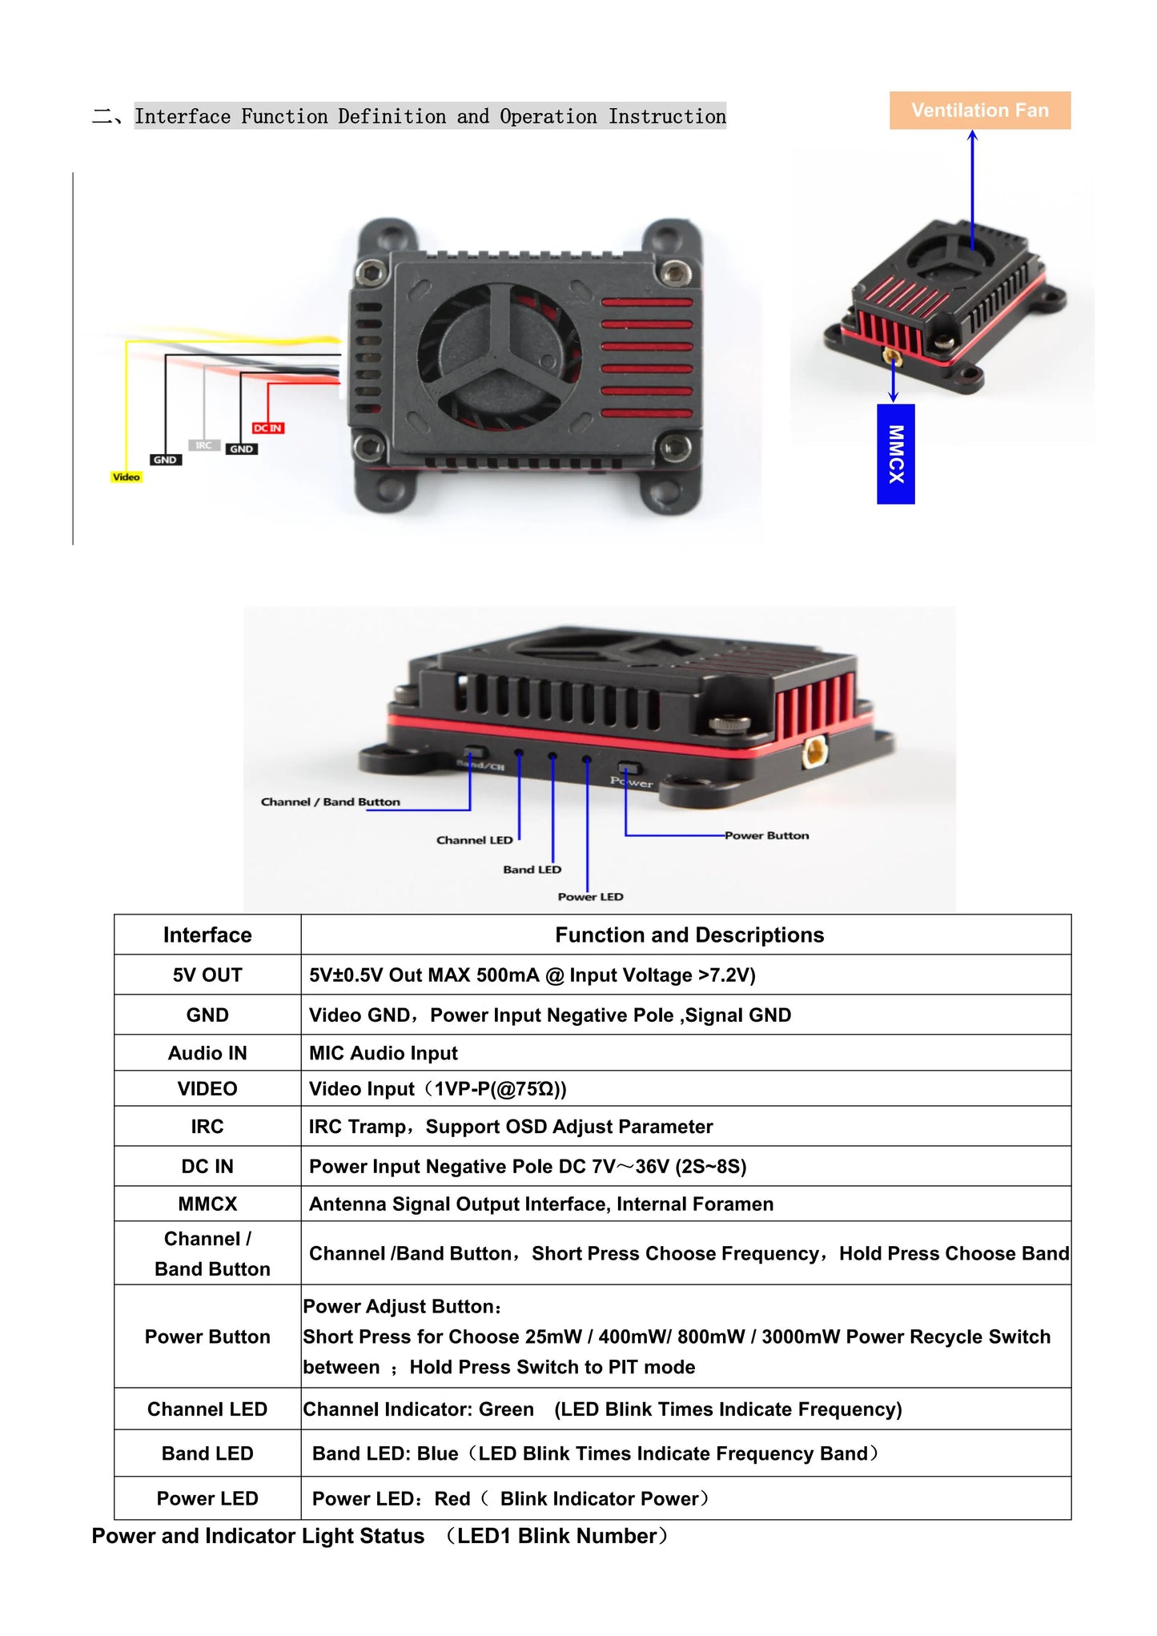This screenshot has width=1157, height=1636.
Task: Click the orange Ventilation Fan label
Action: click(980, 111)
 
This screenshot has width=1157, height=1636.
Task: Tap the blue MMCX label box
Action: click(896, 454)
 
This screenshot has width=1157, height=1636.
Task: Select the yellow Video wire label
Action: click(126, 477)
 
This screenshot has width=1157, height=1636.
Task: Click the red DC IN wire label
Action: click(268, 428)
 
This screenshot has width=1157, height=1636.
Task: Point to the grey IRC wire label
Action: click(204, 445)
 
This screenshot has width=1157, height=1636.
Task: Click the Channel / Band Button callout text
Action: click(331, 802)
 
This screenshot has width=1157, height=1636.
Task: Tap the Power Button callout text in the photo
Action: click(767, 835)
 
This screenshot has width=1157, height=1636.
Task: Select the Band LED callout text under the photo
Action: click(532, 870)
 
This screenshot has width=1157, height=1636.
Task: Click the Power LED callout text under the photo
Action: click(590, 897)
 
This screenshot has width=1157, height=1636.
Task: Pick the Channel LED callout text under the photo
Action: click(475, 840)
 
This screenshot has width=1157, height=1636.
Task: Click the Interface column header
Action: click(207, 935)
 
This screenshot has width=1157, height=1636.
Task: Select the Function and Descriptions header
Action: click(689, 935)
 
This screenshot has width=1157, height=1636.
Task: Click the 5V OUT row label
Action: click(207, 975)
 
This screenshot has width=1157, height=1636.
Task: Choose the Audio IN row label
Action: click(207, 1053)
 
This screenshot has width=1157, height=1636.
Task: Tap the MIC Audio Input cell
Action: click(384, 1053)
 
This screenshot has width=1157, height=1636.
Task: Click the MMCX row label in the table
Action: click(207, 1204)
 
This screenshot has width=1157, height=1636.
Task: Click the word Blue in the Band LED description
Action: click(437, 1453)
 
